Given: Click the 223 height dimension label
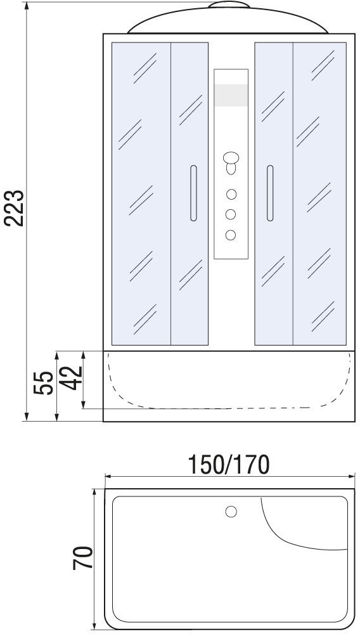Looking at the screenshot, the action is pos(15,208).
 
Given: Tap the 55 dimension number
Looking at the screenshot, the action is pos(44,383).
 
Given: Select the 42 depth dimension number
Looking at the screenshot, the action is pos(73,378).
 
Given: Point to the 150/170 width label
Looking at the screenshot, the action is pos(229,465).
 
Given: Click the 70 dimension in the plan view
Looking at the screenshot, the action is pos(83,558).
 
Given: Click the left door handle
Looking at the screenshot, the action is pos(193,193).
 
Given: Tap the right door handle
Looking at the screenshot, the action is pos(270,193).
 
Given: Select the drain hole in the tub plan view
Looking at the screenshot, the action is pos(231,512).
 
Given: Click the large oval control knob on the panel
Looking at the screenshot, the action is pos(231,157).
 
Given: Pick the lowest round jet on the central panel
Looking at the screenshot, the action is pos(231,235).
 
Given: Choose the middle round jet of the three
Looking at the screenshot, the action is pos(231,214).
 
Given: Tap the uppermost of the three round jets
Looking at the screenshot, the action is pos(231,195).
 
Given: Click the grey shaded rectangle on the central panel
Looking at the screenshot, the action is pos(231,96).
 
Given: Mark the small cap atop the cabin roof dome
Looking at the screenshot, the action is pos(229,5).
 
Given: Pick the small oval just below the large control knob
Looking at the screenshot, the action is pos(231,168).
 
